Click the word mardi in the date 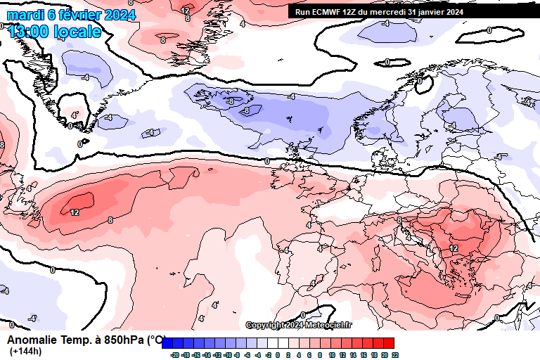point(25,15)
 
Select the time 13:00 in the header point(28,32)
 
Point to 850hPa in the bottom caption point(124,340)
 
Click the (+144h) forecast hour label point(26,352)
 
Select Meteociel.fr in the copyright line point(330,325)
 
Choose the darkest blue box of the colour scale point(167,343)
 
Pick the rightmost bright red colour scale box point(389,343)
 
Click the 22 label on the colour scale point(395,355)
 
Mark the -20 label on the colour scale point(174,355)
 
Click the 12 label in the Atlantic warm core point(75,212)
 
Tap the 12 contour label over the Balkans point(454,248)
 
